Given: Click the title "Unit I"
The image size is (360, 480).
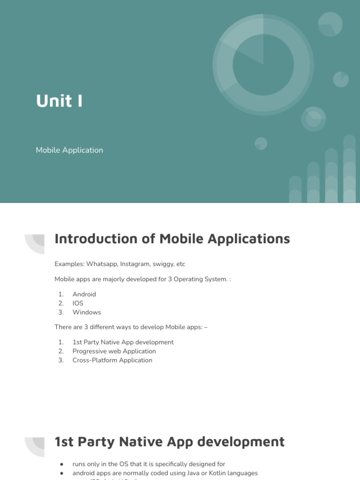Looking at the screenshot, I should click(x=60, y=101).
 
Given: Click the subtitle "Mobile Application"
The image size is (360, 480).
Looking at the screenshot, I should click(x=69, y=150).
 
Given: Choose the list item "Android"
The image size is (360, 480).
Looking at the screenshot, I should click(x=84, y=294).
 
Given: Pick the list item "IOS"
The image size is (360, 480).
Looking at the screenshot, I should click(x=78, y=303).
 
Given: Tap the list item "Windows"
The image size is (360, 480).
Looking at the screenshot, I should click(x=87, y=312).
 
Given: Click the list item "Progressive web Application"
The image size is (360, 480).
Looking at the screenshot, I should click(x=114, y=351).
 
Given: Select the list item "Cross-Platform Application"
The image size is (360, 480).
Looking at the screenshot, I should click(x=112, y=360).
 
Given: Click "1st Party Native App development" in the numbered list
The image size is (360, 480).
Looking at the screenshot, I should click(x=123, y=342).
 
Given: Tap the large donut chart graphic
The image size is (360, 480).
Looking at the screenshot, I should click(x=263, y=64).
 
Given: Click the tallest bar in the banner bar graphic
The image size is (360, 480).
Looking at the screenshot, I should click(x=349, y=169).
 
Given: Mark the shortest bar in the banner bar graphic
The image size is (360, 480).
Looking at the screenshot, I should click(x=295, y=189).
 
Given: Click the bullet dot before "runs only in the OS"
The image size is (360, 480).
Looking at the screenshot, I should click(x=61, y=464).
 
